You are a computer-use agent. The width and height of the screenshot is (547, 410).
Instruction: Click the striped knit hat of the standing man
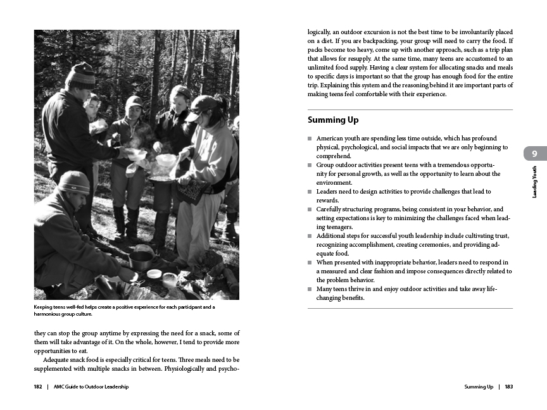pyautogui.click(x=80, y=74)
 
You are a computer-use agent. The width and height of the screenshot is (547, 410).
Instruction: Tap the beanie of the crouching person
pyautogui.click(x=73, y=182)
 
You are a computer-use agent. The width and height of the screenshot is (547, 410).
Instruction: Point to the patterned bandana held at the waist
pyautogui.click(x=191, y=189)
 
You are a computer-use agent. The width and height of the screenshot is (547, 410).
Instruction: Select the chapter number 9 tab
pyautogui.click(x=535, y=154)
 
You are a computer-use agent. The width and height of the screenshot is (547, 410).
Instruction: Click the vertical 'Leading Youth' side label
pyautogui.click(x=535, y=182)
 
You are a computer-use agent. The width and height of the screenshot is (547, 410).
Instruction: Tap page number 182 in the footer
pyautogui.click(x=38, y=387)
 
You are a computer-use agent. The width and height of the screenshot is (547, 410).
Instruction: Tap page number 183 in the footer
pyautogui.click(x=508, y=387)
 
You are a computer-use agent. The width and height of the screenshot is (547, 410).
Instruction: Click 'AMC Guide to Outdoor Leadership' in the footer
pyautogui.click(x=91, y=387)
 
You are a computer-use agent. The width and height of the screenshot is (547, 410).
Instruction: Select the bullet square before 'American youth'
pyautogui.click(x=310, y=139)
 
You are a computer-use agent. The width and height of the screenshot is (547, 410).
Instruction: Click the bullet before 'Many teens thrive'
pyautogui.click(x=310, y=289)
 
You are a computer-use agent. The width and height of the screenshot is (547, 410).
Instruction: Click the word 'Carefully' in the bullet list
pyautogui.click(x=330, y=209)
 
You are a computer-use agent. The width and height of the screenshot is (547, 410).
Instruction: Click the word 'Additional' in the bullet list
pyautogui.click(x=332, y=236)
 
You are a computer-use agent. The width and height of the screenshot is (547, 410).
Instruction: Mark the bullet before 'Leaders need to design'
pyautogui.click(x=310, y=192)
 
